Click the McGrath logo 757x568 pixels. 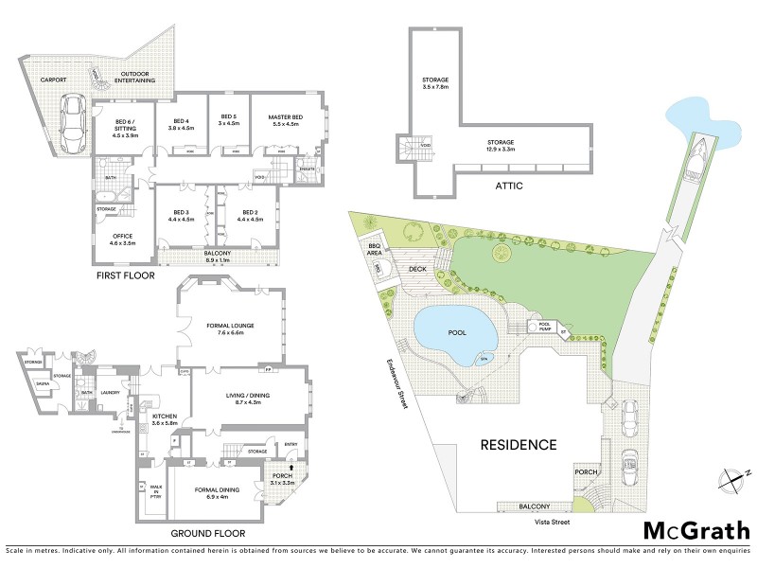click(696, 529)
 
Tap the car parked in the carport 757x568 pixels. click(71, 125)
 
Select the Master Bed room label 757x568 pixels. click(284, 119)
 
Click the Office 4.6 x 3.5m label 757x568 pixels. click(118, 240)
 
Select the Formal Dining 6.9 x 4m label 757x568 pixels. click(218, 492)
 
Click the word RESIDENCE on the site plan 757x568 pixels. click(518, 444)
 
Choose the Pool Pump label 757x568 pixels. click(544, 326)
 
